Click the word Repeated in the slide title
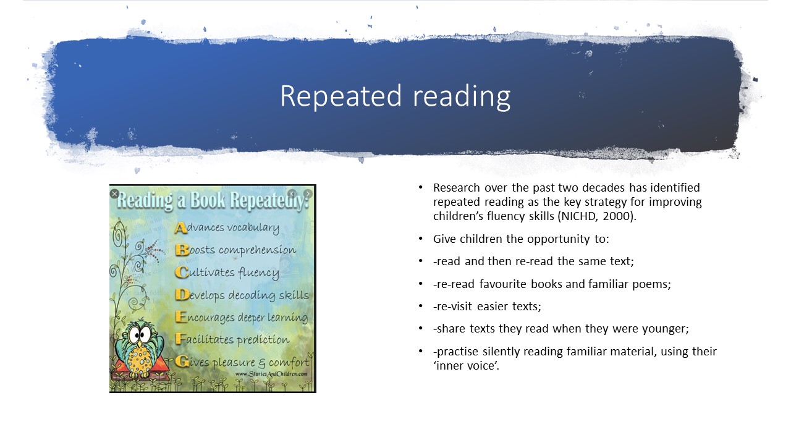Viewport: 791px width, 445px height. coord(341,96)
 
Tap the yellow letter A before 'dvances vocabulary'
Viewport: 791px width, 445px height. coord(180,228)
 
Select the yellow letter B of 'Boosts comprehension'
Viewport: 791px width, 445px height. coord(182,250)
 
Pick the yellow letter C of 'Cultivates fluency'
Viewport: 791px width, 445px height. coord(182,273)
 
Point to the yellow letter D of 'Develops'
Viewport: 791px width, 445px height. coord(182,295)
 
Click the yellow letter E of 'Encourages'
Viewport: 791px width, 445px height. coord(180,317)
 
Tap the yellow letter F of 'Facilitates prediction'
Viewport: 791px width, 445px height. coord(180,339)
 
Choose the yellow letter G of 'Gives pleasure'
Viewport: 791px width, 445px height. coord(182,362)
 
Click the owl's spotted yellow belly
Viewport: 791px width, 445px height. coord(140,359)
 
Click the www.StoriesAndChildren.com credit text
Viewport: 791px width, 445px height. coord(271,374)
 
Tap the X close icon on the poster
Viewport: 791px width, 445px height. coord(114,193)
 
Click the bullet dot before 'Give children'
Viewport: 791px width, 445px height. coord(421,239)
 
